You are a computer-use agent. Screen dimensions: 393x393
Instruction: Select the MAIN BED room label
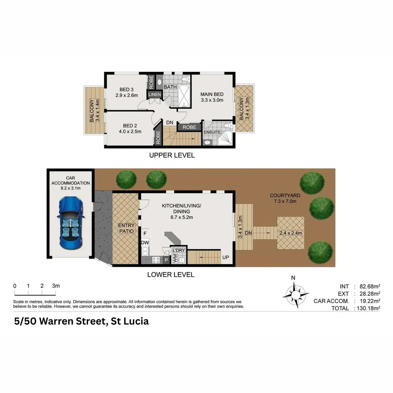pyautogui.click(x=212, y=94)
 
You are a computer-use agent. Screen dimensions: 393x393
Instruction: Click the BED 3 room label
pyautogui.click(x=127, y=90)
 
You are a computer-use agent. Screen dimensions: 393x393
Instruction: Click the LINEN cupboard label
pyautogui.click(x=154, y=95)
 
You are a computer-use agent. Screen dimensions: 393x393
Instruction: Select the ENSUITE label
pyautogui.click(x=212, y=132)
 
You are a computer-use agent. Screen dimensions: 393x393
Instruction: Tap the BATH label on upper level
pyautogui.click(x=170, y=87)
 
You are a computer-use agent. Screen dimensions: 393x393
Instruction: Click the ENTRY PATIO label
pyautogui.click(x=126, y=228)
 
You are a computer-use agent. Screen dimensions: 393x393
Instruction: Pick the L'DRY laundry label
pyautogui.click(x=179, y=251)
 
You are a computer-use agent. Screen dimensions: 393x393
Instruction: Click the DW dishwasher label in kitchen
pyautogui.click(x=145, y=242)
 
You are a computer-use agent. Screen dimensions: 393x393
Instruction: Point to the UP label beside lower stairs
pyautogui.click(x=226, y=257)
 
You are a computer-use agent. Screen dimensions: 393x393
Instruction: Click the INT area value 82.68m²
pyautogui.click(x=368, y=286)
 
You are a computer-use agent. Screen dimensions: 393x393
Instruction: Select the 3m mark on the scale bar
pyautogui.click(x=56, y=286)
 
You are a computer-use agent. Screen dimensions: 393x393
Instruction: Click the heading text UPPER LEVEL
pyautogui.click(x=172, y=155)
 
